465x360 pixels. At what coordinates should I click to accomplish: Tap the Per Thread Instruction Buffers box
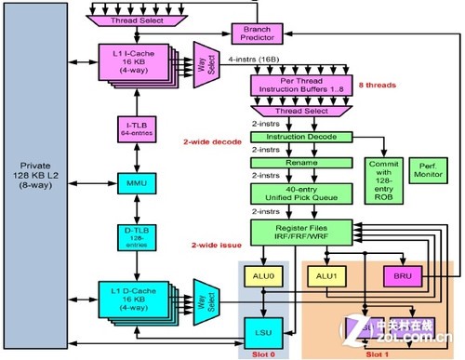point(292,87)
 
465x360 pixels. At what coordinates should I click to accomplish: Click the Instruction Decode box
point(292,136)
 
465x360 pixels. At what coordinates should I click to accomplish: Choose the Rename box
point(292,163)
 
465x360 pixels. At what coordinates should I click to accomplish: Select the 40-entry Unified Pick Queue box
point(292,193)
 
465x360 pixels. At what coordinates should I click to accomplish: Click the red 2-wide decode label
point(213,142)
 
